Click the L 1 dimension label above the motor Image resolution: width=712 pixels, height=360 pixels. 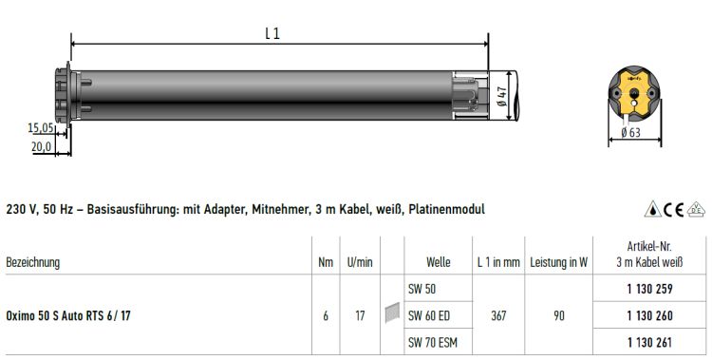pos(272,33)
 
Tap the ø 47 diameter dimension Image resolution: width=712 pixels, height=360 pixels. pos(502,96)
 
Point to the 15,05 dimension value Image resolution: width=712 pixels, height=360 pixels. pos(41,127)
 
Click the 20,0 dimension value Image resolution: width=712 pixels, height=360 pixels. pos(42,146)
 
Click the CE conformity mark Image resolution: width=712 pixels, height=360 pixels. pos(673,210)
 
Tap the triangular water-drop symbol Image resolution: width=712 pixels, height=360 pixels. pos(653,209)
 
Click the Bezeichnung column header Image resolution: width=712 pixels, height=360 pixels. pos(32,262)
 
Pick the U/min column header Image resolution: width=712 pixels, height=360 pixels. pos(360,262)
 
